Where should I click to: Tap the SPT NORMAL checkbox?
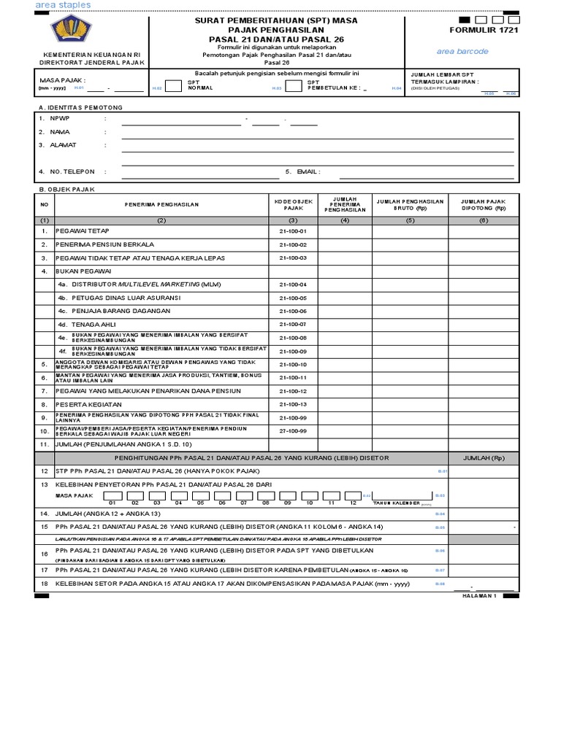pos(173,86)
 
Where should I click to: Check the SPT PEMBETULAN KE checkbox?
pos(292,86)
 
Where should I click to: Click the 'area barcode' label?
pos(462,52)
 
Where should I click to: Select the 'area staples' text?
pos(64,5)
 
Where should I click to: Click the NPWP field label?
pos(58,118)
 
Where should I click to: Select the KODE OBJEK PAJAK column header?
pos(293,204)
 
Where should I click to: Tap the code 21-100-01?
pos(293,231)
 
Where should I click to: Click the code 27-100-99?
pos(293,430)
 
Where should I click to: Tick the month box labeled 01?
pos(112,494)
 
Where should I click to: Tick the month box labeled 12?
pos(354,494)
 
